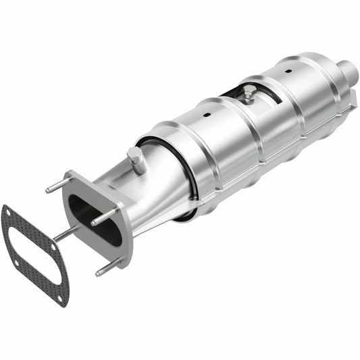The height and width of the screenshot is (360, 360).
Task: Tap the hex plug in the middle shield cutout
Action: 249,95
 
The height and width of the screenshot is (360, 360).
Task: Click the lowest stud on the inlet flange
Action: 108,267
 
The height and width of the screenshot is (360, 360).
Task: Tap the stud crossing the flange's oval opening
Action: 104,216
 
